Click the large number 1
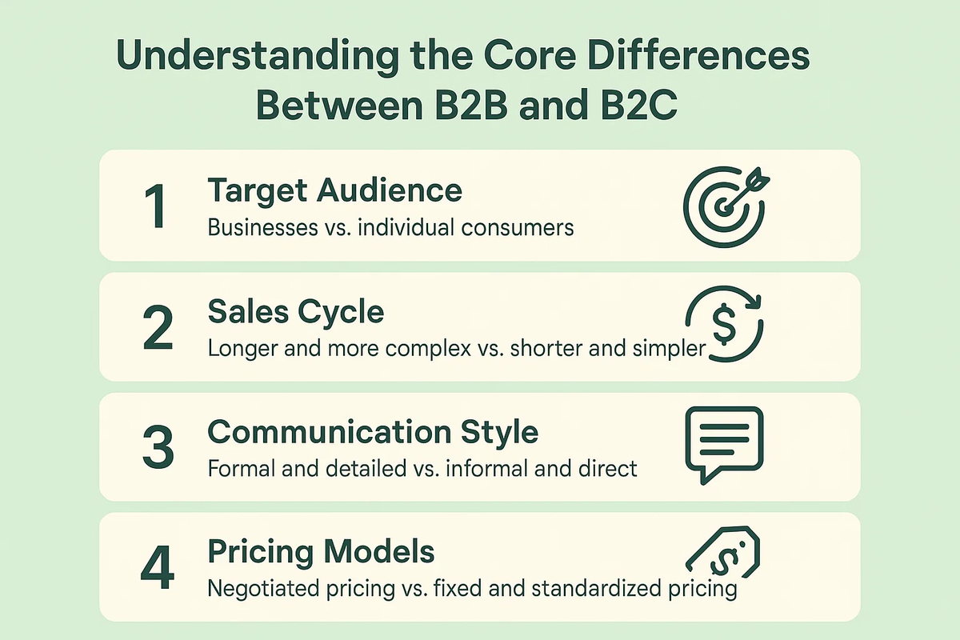click(156, 206)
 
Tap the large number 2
click(158, 328)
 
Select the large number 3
click(158, 447)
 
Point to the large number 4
click(158, 567)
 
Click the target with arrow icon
click(724, 207)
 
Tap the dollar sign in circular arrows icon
click(724, 324)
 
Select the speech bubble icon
click(724, 444)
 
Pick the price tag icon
click(724, 552)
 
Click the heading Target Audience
click(334, 191)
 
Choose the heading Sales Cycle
click(296, 312)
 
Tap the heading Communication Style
click(373, 432)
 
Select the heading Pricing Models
click(321, 552)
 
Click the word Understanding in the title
click(258, 56)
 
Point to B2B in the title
click(471, 106)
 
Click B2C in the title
click(639, 106)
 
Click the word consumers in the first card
click(518, 228)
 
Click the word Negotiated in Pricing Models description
click(264, 589)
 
